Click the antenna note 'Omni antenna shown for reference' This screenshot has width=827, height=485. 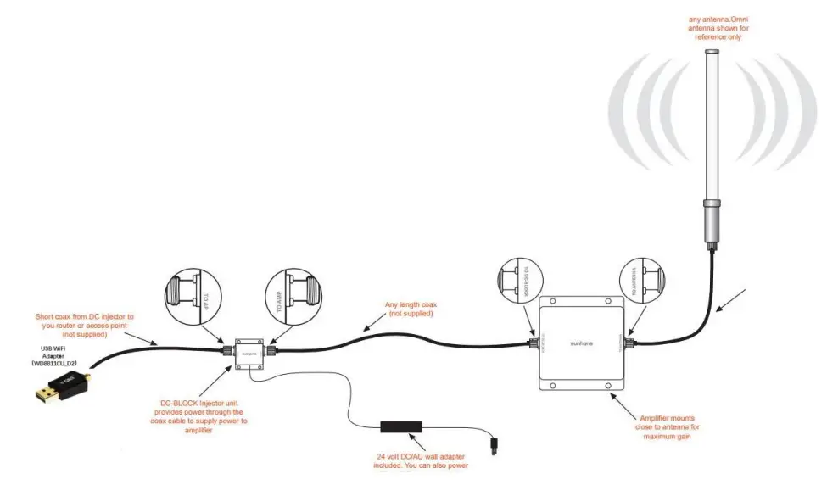pyautogui.click(x=718, y=28)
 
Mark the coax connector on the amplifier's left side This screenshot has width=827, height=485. pyautogui.click(x=534, y=344)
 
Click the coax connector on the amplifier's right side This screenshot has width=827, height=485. pyautogui.click(x=631, y=343)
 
